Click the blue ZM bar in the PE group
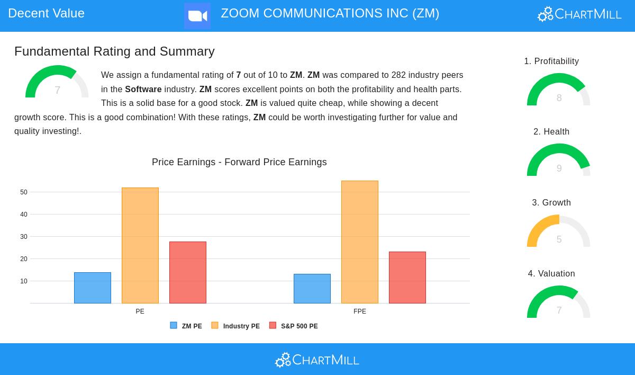click(x=93, y=288)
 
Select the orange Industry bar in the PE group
click(x=140, y=245)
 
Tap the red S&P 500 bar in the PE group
click(x=188, y=272)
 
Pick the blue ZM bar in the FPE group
click(x=312, y=289)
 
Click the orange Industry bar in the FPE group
click(x=360, y=242)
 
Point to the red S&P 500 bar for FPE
click(x=407, y=278)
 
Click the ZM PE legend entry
click(x=186, y=326)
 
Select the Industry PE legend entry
click(x=236, y=326)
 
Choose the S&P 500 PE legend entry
click(x=294, y=326)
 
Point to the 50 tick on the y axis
click(x=24, y=192)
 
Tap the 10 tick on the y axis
click(x=24, y=281)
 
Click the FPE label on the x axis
click(x=360, y=311)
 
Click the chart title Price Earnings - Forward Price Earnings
click(x=239, y=162)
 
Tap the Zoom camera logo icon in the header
click(x=197, y=15)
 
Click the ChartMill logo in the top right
click(x=579, y=14)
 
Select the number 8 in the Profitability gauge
click(x=559, y=98)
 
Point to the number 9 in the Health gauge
click(x=559, y=168)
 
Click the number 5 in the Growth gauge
click(x=559, y=239)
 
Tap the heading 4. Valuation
click(x=551, y=274)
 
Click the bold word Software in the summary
click(x=143, y=90)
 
